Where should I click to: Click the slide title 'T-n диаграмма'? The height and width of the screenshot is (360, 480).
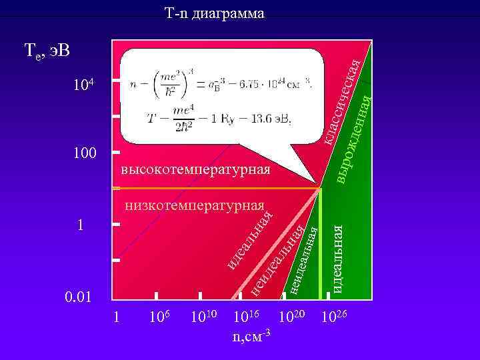(x=214, y=13)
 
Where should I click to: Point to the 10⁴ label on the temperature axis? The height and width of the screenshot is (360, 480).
(x=85, y=85)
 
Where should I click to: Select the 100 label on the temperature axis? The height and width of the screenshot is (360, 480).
(x=85, y=153)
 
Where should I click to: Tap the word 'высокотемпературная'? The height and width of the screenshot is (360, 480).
(x=196, y=170)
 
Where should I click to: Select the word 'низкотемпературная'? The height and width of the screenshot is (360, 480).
(x=195, y=204)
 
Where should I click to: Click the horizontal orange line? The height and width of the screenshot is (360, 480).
(x=220, y=189)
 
